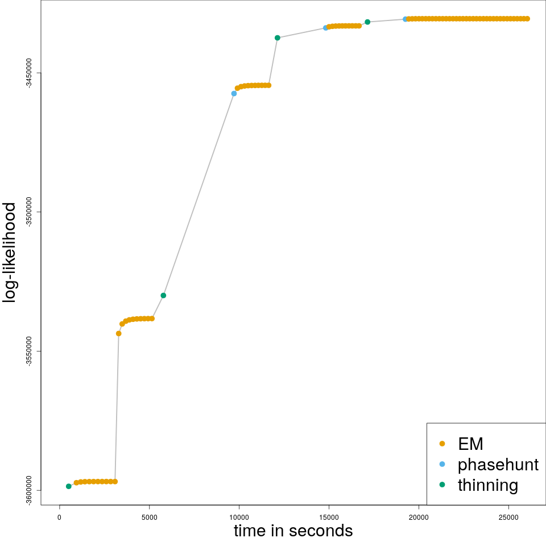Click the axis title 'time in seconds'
click(293, 531)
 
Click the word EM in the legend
click(470, 444)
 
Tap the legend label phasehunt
click(498, 465)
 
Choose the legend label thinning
click(487, 485)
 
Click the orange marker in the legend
click(442, 444)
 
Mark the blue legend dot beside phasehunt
click(442, 464)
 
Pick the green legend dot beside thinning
click(442, 485)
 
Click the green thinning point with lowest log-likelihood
click(69, 486)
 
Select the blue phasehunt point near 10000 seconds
click(234, 93)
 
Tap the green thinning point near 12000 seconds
click(278, 38)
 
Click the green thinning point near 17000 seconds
click(367, 22)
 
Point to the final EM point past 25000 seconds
click(527, 19)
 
